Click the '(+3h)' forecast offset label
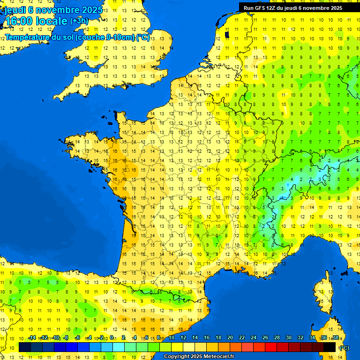pos(79,21)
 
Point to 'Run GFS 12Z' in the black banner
pos(260,7)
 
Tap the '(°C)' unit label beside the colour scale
pos(344,348)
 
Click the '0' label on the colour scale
pos(112,337)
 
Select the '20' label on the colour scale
pos(230,337)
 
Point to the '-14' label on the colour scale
pos(32,337)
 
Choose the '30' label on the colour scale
pos(289,337)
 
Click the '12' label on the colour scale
pos(183,337)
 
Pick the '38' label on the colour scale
pos(336,337)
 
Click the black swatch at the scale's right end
pos(330,347)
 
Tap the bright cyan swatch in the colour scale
pos(119,347)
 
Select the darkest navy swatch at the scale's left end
pos(25,347)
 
